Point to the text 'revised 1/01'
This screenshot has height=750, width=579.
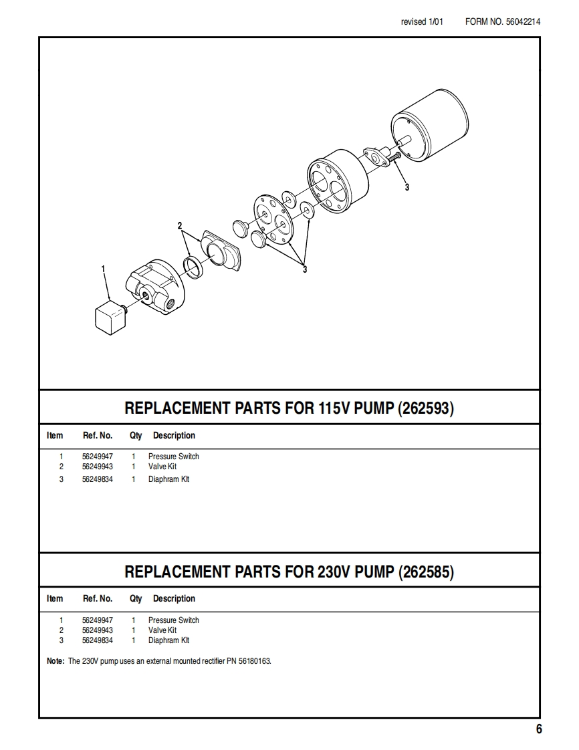pyautogui.click(x=422, y=21)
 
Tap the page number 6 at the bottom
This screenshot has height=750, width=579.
pyautogui.click(x=539, y=729)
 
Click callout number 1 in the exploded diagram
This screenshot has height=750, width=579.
pyautogui.click(x=103, y=269)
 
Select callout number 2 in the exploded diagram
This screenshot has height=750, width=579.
pyautogui.click(x=180, y=226)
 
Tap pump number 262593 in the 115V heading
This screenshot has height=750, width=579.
pyautogui.click(x=426, y=408)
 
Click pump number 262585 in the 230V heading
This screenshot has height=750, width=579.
pyautogui.click(x=426, y=572)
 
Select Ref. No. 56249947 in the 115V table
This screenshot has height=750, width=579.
pyautogui.click(x=98, y=457)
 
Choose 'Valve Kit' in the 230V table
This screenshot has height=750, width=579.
pyautogui.click(x=162, y=630)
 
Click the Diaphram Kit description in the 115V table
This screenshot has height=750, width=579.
pyautogui.click(x=169, y=479)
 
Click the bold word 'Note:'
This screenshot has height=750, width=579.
pyautogui.click(x=55, y=661)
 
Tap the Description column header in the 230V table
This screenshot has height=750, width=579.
pyautogui.click(x=174, y=599)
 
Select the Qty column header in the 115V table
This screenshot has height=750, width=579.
pyautogui.click(x=136, y=436)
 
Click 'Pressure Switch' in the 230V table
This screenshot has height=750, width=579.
pyautogui.click(x=174, y=620)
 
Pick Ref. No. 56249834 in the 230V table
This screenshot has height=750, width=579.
pyautogui.click(x=98, y=640)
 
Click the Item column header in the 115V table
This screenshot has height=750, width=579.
pyautogui.click(x=55, y=436)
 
